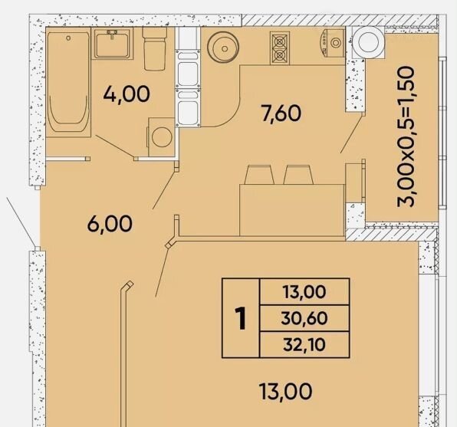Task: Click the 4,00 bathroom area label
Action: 127,94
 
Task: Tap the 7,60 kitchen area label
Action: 281,113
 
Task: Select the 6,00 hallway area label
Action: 110,224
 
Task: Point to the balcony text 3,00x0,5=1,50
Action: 406,136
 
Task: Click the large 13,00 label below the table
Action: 285,392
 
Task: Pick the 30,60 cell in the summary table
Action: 304,318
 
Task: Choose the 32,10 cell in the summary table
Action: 304,344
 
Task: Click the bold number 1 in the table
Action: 241,319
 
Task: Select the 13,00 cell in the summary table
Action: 304,292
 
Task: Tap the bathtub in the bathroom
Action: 68,82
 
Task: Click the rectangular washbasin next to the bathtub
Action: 112,45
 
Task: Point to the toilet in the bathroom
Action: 154,48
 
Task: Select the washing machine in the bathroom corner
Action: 162,137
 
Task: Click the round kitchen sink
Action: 223,48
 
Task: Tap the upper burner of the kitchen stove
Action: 280,42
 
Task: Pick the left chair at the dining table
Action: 259,175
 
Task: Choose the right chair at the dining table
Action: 298,175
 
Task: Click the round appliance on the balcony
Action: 368,43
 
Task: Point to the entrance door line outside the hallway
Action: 21,222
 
